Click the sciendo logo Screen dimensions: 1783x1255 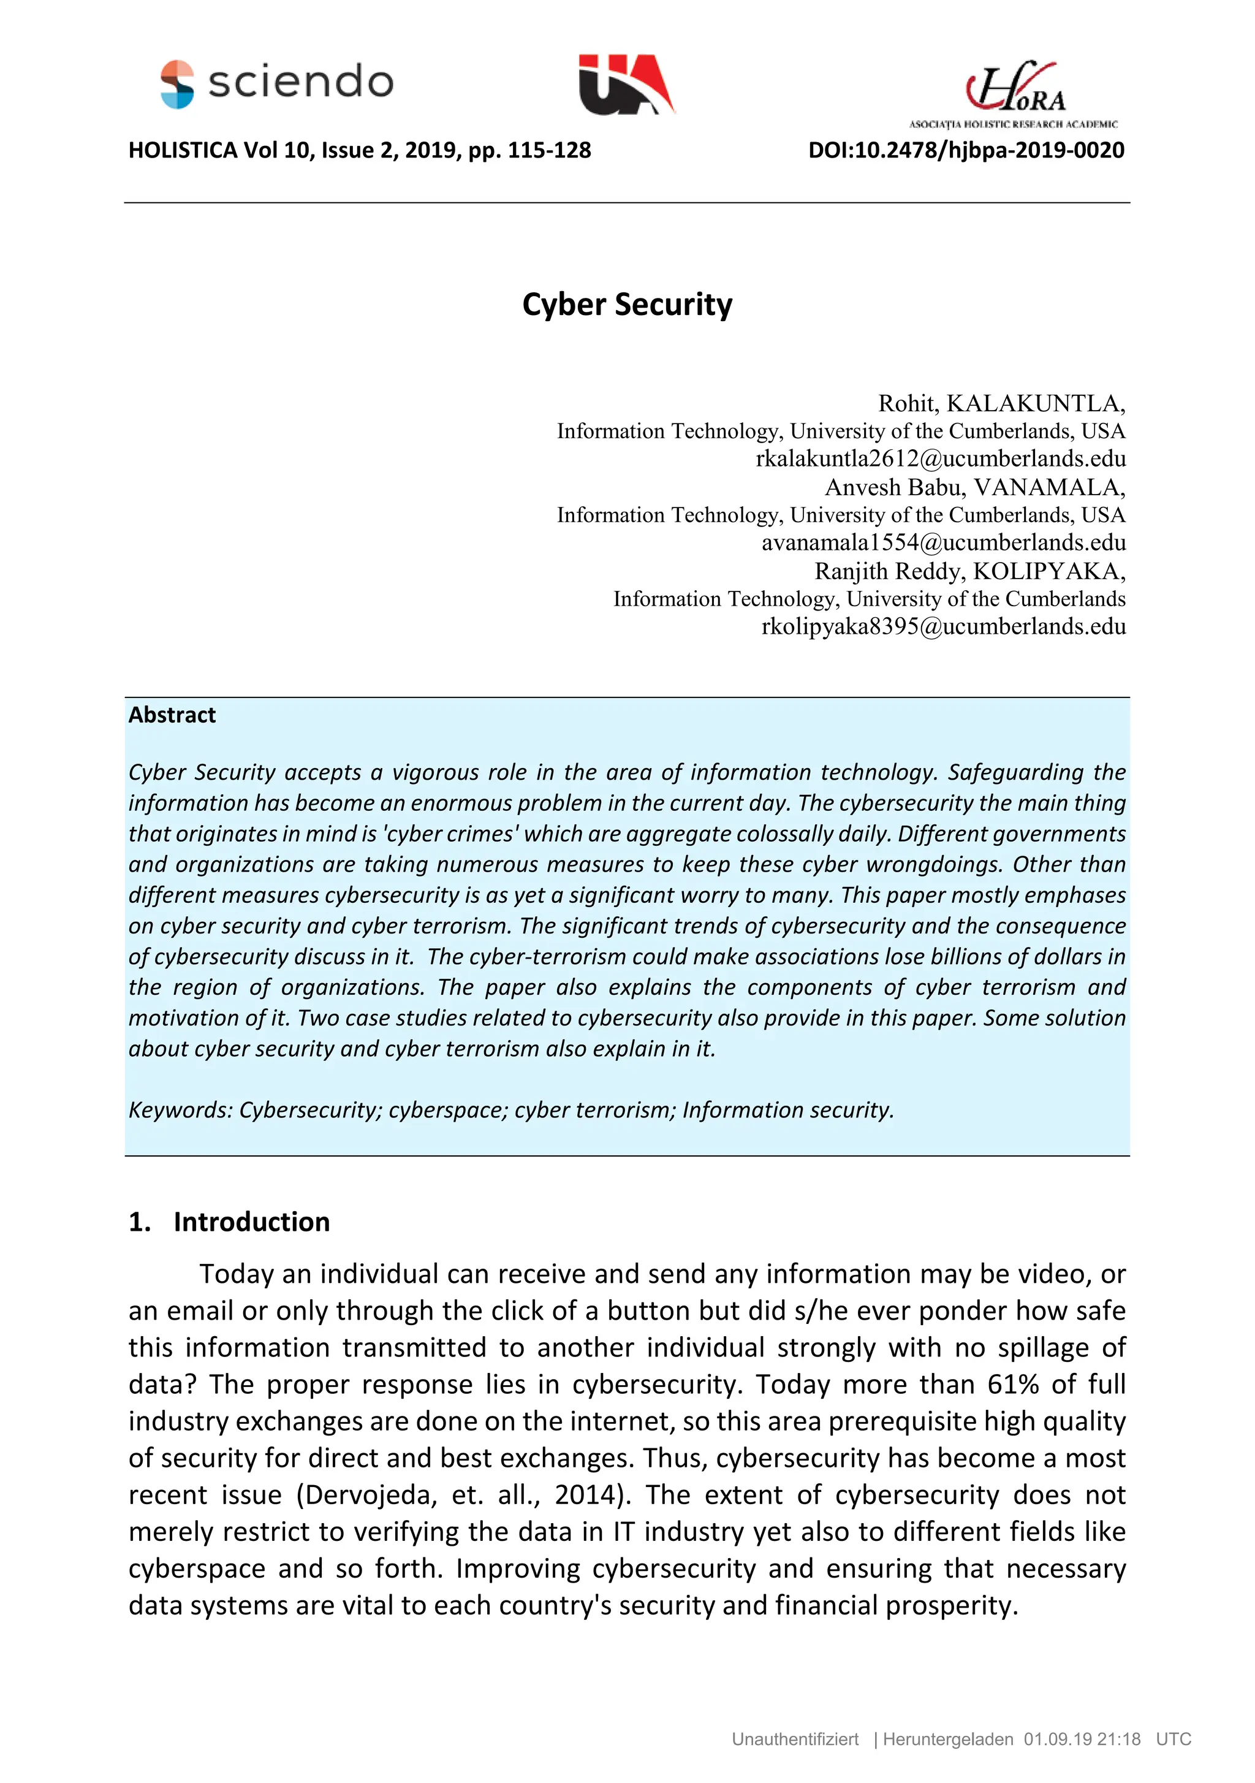pyautogui.click(x=276, y=83)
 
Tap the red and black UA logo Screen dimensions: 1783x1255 pyautogui.click(x=626, y=84)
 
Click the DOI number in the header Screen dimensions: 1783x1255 pyautogui.click(x=966, y=150)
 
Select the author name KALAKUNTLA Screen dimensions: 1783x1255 pyautogui.click(x=1034, y=403)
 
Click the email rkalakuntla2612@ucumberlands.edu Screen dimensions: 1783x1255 pyautogui.click(x=941, y=458)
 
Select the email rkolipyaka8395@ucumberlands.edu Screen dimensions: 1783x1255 pyautogui.click(x=943, y=626)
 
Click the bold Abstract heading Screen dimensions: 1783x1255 pyautogui.click(x=172, y=715)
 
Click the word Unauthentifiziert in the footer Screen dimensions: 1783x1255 pyautogui.click(x=794, y=1739)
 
